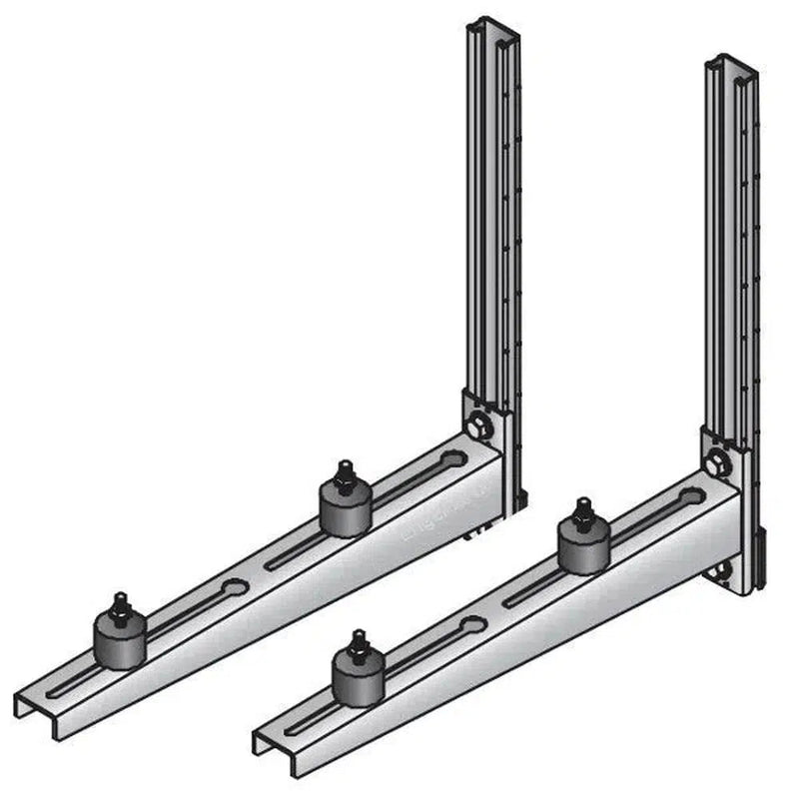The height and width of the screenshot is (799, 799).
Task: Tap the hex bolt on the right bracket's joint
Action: coord(715,463)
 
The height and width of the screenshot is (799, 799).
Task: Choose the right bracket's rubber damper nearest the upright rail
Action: coord(582,545)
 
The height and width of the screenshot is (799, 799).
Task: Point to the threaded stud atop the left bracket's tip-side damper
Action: coord(119,603)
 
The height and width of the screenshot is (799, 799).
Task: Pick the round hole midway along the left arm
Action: coord(237,586)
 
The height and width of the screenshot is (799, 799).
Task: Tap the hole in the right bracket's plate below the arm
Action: coord(721,574)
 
